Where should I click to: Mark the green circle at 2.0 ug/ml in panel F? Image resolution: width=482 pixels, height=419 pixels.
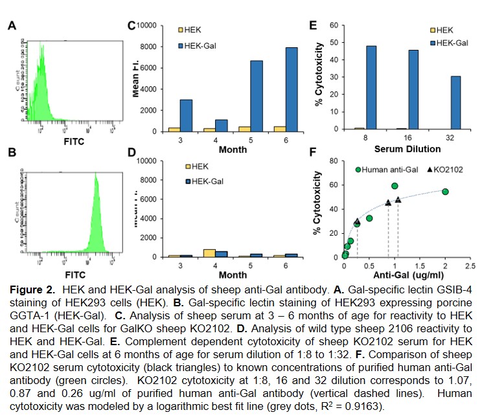click(445, 192)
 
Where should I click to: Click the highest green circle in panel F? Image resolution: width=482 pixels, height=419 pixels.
click(395, 186)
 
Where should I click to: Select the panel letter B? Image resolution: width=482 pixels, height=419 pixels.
click(11, 154)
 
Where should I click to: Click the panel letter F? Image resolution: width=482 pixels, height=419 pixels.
click(312, 154)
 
